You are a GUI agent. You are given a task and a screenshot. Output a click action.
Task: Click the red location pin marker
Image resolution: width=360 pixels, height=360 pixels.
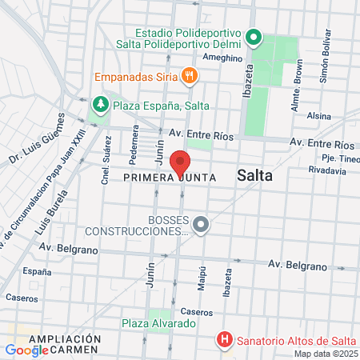180,163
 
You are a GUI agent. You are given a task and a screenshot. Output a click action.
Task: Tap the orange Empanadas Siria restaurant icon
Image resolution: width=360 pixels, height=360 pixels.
190,77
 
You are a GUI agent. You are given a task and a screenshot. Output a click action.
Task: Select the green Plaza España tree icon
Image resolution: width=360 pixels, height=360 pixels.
100,104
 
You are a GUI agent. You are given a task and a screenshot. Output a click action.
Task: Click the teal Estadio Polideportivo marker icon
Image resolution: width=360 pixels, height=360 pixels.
254,37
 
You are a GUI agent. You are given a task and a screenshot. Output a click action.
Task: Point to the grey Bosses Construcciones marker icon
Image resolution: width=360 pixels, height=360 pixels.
201,225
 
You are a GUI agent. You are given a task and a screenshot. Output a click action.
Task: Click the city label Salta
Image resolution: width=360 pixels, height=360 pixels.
255,177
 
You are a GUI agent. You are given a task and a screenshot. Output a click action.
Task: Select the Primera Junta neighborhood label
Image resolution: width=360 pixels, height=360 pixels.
165,177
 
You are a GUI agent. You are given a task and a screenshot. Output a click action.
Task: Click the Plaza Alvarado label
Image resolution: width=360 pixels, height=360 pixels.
158,323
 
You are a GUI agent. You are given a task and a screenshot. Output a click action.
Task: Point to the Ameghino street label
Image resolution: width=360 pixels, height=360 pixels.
222,58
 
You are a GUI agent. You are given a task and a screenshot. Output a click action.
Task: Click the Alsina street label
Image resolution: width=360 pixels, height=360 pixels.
318,115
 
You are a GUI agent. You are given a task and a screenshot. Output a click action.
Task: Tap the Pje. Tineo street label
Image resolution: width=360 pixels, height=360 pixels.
332,158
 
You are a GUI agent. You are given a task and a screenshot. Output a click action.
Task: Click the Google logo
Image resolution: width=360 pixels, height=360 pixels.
26,350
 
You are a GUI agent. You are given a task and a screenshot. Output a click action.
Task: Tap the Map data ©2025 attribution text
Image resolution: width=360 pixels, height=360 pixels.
325,354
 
